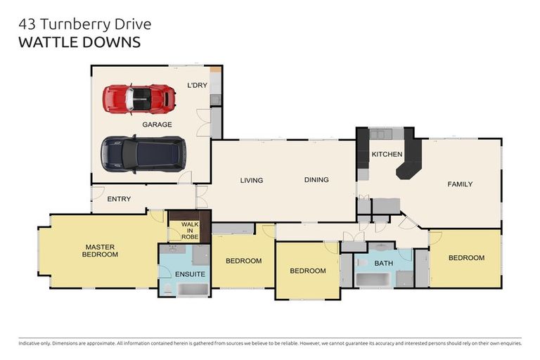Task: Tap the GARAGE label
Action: (157, 124)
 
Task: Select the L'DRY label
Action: (196, 86)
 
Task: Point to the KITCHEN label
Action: (387, 154)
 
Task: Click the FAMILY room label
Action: (460, 184)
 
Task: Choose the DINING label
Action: (316, 180)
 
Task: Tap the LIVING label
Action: (251, 181)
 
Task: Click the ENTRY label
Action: (119, 199)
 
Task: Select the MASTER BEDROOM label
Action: (101, 250)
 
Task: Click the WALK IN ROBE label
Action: (190, 230)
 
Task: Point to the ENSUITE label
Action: (190, 274)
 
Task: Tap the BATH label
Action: (383, 264)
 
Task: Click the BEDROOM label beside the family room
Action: (466, 258)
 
